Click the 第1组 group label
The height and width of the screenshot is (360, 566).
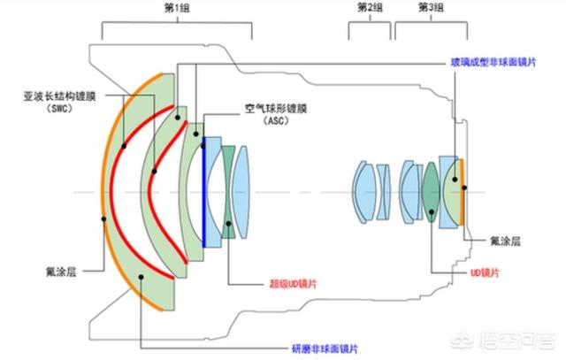coord(177,8)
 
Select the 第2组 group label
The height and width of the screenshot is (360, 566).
coord(370,7)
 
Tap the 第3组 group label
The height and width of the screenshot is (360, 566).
coord(431,7)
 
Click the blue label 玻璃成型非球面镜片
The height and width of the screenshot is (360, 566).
coord(493,62)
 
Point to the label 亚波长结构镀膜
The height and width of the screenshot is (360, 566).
coord(59,96)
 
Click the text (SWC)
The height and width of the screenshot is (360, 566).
coord(60,108)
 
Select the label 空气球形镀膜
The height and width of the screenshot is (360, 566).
coord(276,108)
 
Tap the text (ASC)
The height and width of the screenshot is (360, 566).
coord(276,120)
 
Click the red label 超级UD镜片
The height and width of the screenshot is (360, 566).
coord(293,284)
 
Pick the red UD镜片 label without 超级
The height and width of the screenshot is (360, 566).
coord(485,272)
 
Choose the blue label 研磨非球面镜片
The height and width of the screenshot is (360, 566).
coord(325,349)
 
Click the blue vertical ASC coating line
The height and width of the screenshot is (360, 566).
coord(204,192)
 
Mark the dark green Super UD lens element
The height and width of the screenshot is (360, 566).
coord(228,192)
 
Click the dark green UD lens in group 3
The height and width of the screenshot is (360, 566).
coord(431,192)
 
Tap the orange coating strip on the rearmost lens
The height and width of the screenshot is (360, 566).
coord(462,192)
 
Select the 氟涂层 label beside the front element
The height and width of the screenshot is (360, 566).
coord(61,272)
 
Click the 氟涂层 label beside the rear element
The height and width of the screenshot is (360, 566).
coord(505,241)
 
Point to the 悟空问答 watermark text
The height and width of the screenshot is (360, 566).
coord(516,341)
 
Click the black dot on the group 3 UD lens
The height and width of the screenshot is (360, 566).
coord(432,212)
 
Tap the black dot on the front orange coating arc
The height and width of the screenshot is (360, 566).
coord(103,219)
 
